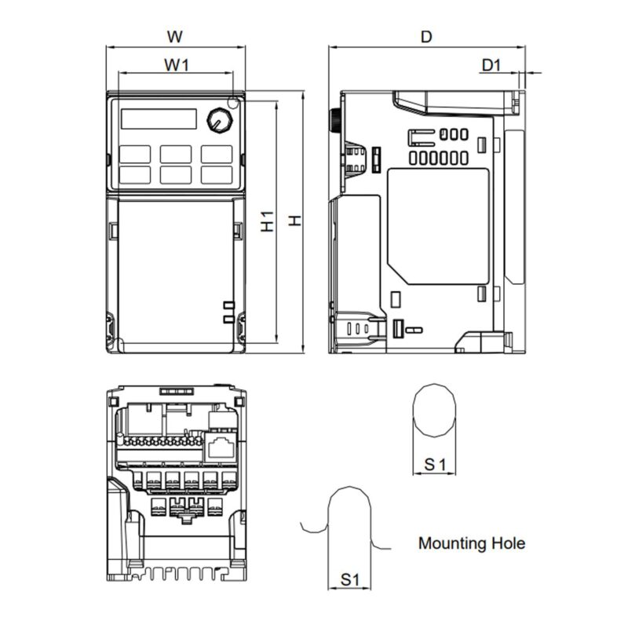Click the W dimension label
click(174, 37)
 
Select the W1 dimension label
click(176, 64)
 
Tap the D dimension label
click(426, 37)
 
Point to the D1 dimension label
click(491, 64)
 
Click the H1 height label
click(267, 221)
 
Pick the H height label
click(295, 221)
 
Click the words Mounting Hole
click(472, 543)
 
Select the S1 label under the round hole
click(435, 465)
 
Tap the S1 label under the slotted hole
click(350, 579)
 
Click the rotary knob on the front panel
click(220, 120)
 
